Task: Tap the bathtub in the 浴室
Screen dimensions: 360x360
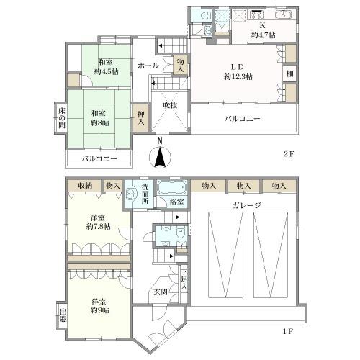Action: tap(172, 187)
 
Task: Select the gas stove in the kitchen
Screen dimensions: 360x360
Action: tap(257, 14)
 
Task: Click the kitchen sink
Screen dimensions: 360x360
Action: tap(283, 14)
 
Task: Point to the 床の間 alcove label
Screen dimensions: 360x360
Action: tap(62, 117)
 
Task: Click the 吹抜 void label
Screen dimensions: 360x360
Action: tap(170, 105)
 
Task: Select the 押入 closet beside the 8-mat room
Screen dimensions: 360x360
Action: tap(141, 118)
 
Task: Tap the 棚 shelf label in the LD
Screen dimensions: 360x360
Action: tap(290, 73)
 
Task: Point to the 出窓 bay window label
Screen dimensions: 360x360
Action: tap(63, 315)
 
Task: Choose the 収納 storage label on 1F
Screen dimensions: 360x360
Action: tap(85, 186)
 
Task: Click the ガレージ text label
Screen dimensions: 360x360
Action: tap(247, 205)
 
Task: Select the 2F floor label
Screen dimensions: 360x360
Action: tap(289, 154)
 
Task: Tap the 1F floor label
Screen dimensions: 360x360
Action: tap(288, 332)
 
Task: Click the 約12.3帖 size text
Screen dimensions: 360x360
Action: tap(238, 77)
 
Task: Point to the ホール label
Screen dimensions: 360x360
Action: tap(148, 66)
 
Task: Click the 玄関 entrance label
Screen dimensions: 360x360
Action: tap(161, 292)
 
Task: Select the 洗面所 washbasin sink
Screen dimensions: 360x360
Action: tap(130, 194)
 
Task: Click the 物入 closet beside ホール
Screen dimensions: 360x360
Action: tap(181, 66)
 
